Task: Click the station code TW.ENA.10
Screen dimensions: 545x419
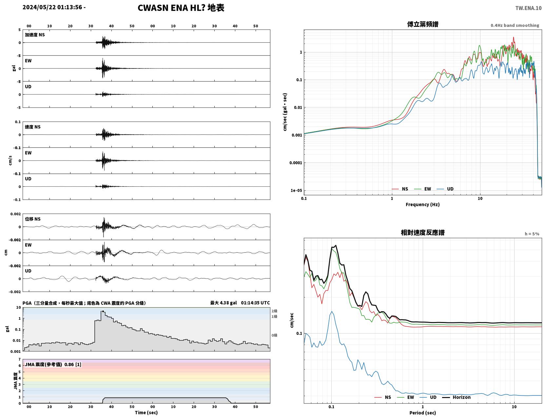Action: point(528,8)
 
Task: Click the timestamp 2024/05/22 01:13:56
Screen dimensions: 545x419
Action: point(52,7)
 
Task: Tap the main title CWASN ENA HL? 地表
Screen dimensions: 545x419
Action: point(181,8)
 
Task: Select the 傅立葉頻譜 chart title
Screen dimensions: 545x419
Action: point(423,24)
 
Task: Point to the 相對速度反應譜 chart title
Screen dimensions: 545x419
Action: point(423,233)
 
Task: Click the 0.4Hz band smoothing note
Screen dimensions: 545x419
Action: point(515,25)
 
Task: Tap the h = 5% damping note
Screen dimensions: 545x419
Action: point(532,234)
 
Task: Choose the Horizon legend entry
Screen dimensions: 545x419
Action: point(456,397)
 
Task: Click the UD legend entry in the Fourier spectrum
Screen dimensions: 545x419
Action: point(445,189)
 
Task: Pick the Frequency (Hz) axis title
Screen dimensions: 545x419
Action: point(423,204)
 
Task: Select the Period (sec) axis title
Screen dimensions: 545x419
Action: point(423,413)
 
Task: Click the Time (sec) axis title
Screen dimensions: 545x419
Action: point(146,412)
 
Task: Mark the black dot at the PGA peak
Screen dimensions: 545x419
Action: point(103,312)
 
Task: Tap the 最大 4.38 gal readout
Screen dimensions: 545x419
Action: point(224,303)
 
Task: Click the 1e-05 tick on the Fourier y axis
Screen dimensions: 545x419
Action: point(296,190)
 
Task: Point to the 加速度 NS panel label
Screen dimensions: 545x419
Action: point(35,35)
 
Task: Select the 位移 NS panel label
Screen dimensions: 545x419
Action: point(32,219)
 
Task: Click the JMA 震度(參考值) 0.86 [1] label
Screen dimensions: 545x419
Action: point(53,364)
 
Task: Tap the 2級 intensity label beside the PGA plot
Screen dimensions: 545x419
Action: point(274,311)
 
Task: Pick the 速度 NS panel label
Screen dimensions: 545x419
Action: point(32,127)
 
